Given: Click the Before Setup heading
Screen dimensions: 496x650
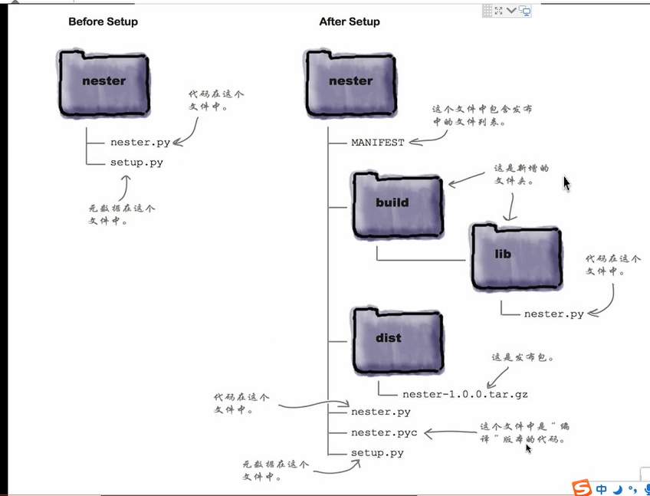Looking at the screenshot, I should click(103, 21).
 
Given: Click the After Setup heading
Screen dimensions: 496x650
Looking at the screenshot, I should click(349, 21).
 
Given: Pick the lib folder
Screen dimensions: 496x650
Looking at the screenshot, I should click(515, 255).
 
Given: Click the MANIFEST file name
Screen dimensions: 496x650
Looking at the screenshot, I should click(377, 143).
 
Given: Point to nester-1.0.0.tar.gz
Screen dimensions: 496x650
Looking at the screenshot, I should click(454, 395).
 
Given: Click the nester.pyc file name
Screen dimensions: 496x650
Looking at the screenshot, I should click(384, 432).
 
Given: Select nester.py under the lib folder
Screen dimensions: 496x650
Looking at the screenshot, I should click(553, 314).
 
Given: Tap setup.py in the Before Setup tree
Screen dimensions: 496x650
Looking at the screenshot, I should click(136, 163).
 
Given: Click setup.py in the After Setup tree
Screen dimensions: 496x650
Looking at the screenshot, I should click(377, 453).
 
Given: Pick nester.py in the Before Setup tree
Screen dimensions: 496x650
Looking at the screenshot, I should click(140, 143).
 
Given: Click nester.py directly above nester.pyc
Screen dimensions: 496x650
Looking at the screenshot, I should click(380, 412).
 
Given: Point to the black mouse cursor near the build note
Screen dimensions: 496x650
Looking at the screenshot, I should click(566, 183).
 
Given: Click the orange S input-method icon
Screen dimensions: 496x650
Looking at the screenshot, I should click(583, 488).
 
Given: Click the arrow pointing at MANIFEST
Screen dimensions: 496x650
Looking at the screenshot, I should click(427, 139).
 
